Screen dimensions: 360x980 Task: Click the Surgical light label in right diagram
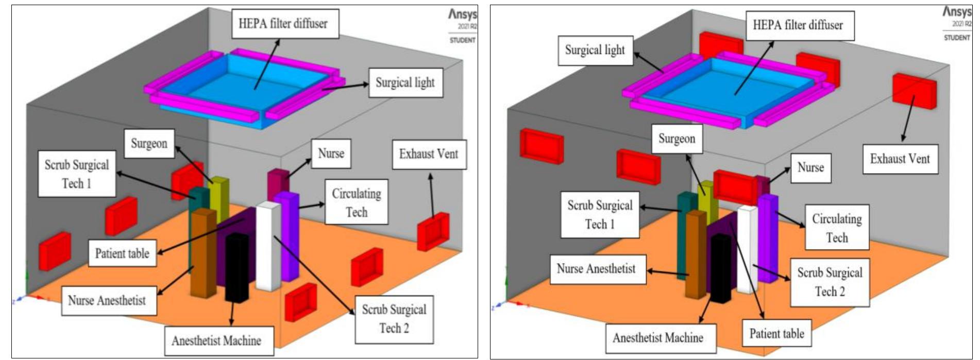[x=595, y=50]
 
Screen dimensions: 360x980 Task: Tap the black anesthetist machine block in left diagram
[x=236, y=268]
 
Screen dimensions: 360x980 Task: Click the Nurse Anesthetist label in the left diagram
[x=107, y=301]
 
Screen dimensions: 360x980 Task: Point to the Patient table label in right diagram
[x=776, y=334]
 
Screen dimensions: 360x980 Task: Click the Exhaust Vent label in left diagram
[x=429, y=154]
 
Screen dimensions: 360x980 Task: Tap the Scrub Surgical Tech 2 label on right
[x=830, y=282]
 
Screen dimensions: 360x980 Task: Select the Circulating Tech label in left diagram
[x=356, y=202]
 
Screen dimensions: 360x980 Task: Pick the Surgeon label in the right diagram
[x=677, y=139]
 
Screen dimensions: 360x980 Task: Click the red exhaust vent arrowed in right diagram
[x=914, y=91]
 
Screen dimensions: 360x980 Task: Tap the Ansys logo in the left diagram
[x=462, y=14]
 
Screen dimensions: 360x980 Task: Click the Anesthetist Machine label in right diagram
[x=658, y=338]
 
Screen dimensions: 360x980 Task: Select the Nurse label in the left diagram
[x=331, y=153]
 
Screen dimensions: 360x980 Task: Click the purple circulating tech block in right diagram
[x=768, y=237]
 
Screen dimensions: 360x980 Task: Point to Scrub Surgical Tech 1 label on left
[x=77, y=174]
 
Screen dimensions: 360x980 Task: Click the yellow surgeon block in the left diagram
[x=219, y=198]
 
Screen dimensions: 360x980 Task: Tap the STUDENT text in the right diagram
[x=957, y=38]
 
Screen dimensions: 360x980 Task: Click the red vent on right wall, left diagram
[x=433, y=231]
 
